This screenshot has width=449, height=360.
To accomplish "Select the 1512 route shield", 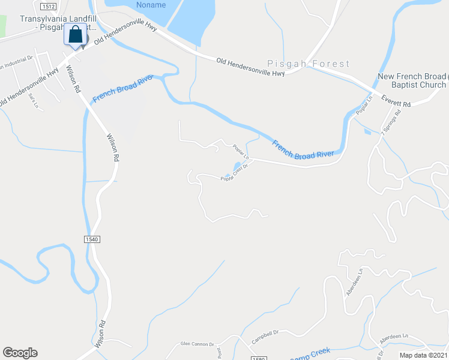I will point(49,6).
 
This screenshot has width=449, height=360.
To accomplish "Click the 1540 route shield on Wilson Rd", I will point(91,239).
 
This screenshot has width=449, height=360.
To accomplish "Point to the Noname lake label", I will point(151,5).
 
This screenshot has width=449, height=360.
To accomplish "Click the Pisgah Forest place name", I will point(309,64).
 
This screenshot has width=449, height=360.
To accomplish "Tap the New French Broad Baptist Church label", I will point(412,80).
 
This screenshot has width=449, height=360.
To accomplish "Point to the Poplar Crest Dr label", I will point(234,173).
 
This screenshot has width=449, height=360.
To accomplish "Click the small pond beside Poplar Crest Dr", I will point(237,166).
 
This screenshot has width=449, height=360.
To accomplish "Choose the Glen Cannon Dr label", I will point(197,344).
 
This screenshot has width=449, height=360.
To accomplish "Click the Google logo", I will point(20,353).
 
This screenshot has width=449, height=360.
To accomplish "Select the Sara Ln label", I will point(34,102).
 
